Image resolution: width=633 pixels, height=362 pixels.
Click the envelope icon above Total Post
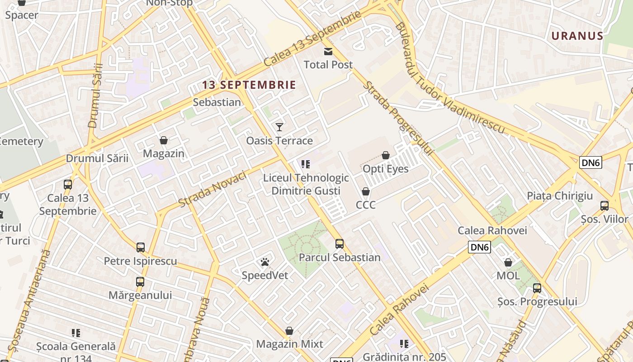pyautogui.click(x=328, y=52)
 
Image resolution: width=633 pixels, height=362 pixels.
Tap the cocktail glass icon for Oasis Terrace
pyautogui.click(x=279, y=127)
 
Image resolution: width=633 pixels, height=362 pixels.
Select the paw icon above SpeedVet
pyautogui.click(x=265, y=262)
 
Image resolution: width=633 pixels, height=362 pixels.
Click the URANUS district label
pyautogui.click(x=577, y=36)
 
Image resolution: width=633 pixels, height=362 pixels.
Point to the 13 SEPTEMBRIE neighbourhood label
pyautogui.click(x=249, y=85)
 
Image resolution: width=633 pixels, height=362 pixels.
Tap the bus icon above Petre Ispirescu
pyautogui.click(x=141, y=248)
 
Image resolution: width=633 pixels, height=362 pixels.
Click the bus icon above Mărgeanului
pyautogui.click(x=140, y=282)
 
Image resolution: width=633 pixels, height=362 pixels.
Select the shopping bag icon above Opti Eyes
pyautogui.click(x=386, y=156)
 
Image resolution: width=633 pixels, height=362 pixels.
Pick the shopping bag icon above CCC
pyautogui.click(x=366, y=192)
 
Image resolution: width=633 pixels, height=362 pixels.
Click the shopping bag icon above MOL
pyautogui.click(x=508, y=262)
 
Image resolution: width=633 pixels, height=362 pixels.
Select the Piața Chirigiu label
pyautogui.click(x=560, y=196)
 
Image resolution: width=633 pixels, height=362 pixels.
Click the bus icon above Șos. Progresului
pyautogui.click(x=537, y=288)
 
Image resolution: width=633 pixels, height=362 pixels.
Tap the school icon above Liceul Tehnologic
pyautogui.click(x=306, y=164)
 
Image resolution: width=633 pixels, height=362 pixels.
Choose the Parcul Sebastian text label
pyautogui.click(x=340, y=257)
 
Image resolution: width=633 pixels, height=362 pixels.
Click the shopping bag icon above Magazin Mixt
pyautogui.click(x=289, y=331)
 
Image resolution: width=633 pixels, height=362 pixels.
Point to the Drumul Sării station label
pyautogui.click(x=97, y=158)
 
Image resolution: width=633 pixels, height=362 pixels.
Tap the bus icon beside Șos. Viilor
pyautogui.click(x=604, y=206)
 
